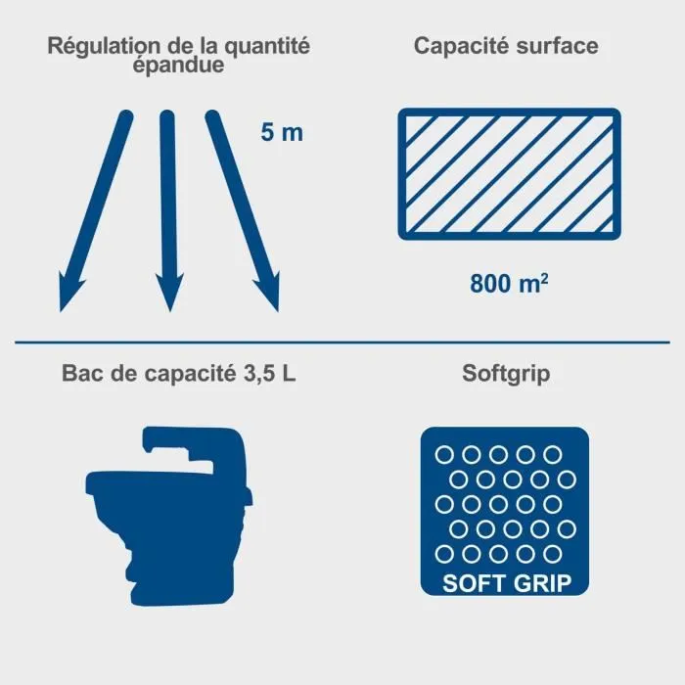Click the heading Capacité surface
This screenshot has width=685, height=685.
point(506,45)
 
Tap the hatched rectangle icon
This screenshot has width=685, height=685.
point(508,173)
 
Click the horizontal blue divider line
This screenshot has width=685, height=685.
point(342,342)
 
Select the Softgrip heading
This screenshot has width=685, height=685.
point(507,375)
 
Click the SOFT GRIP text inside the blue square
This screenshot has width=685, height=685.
point(508,583)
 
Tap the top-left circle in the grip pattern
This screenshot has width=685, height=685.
point(444,454)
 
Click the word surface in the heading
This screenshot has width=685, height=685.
point(556,45)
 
